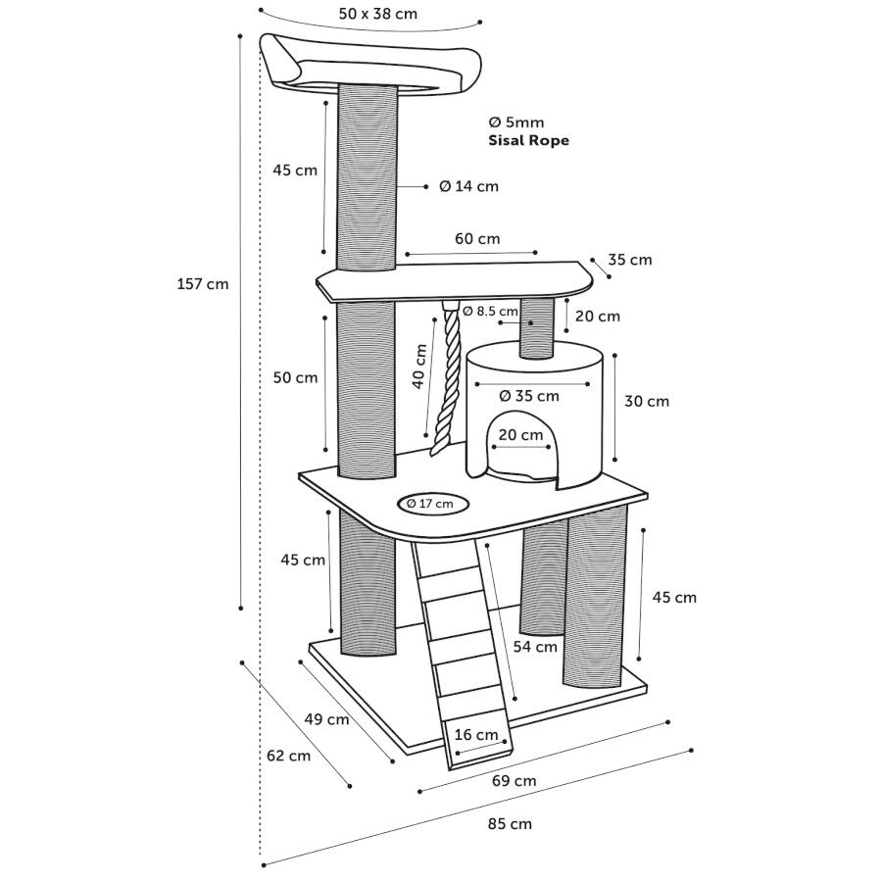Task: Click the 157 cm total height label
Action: coord(203,284)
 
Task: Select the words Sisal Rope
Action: coord(528,140)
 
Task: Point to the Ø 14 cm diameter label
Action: coord(468,186)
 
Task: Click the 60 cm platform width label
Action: coord(477,238)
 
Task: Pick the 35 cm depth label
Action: coord(630,260)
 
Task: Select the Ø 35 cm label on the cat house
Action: coord(529,396)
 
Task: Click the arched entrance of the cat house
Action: coord(519,453)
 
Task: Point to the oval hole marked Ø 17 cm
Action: coord(430,504)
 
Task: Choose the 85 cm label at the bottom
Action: coord(510,823)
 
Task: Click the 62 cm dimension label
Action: coord(288,756)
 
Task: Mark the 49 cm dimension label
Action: coord(326,719)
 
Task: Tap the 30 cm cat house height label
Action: coord(647,401)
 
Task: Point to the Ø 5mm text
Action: coord(515,122)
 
